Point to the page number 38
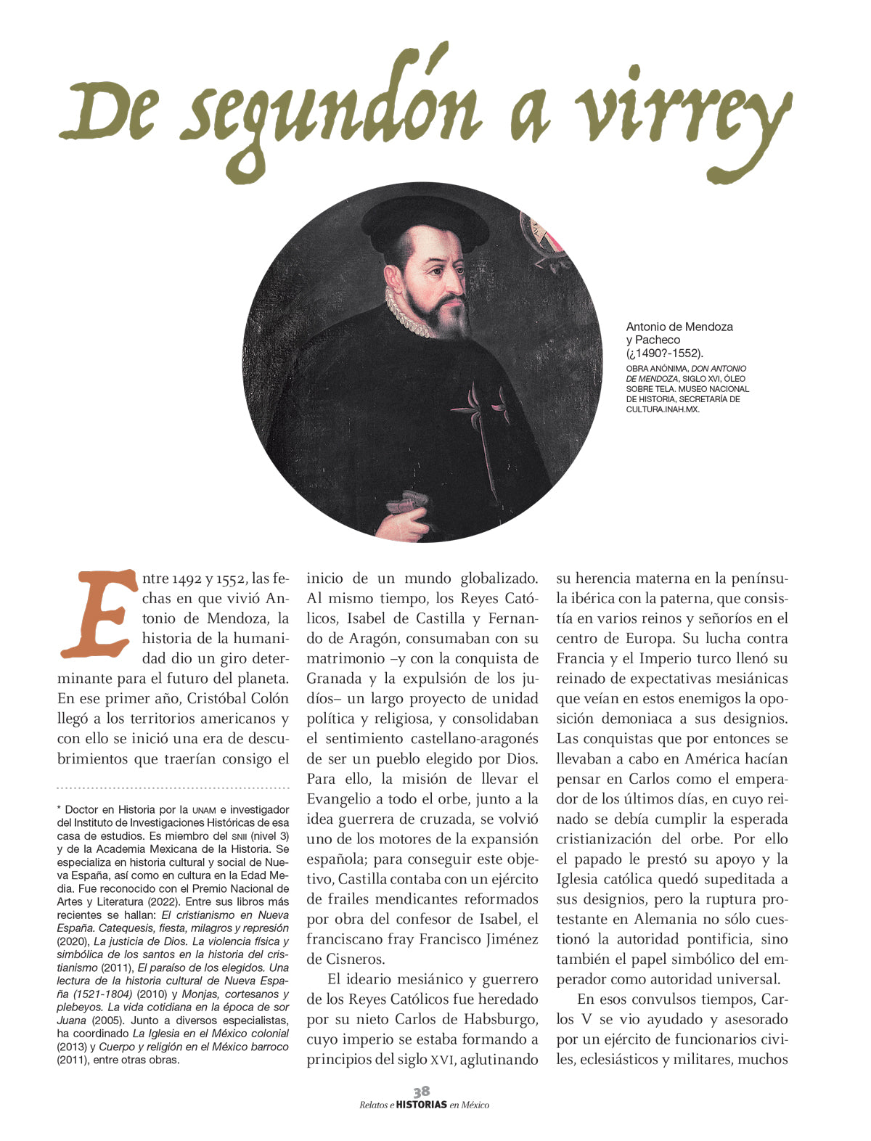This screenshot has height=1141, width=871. (x=422, y=1092)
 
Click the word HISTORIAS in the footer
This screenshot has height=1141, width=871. (x=422, y=1105)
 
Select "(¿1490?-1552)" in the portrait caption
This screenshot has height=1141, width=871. (x=665, y=353)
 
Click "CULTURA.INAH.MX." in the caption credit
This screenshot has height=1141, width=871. (x=663, y=409)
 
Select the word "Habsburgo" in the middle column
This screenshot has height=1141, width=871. (x=499, y=1019)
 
